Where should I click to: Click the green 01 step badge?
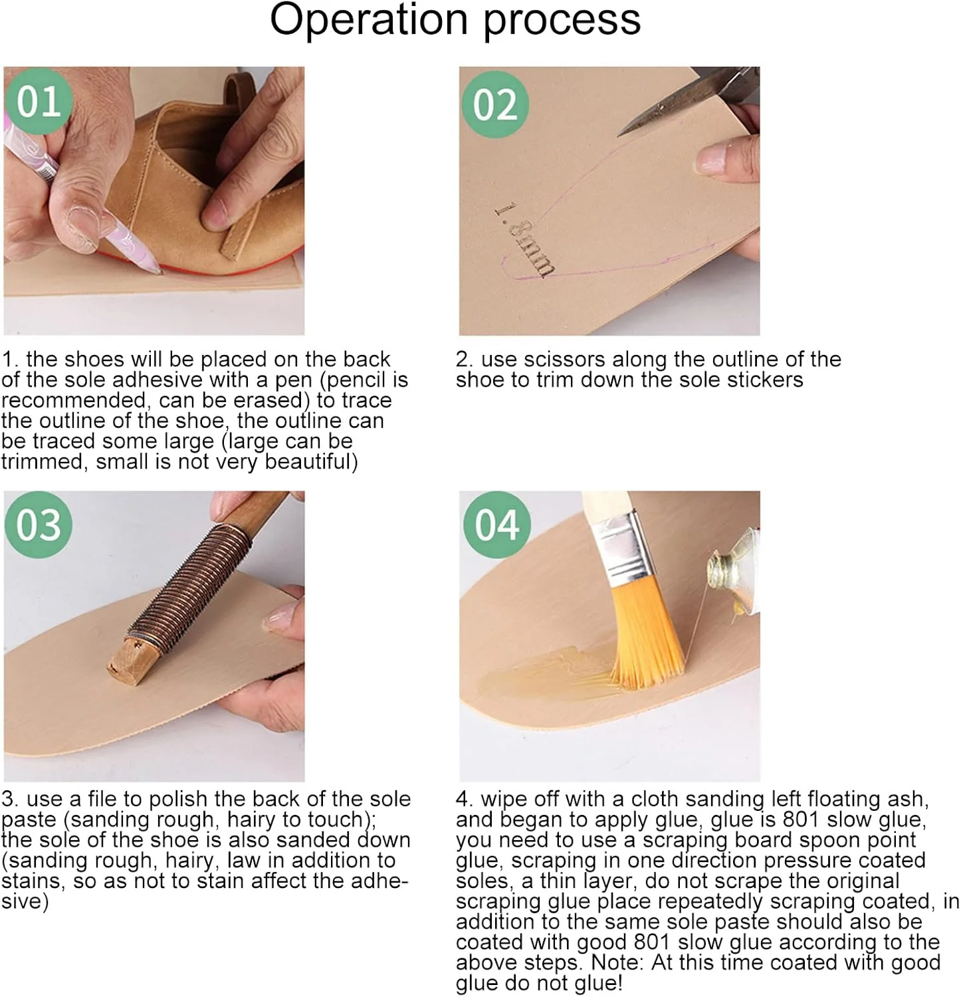click(x=38, y=102)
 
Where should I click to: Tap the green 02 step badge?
click(x=494, y=104)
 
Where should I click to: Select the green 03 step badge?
click(x=38, y=525)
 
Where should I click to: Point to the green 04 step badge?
click(x=496, y=525)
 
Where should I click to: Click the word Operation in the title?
click(x=370, y=20)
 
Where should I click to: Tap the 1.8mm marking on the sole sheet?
click(x=524, y=240)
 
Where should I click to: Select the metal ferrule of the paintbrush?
click(x=621, y=548)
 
